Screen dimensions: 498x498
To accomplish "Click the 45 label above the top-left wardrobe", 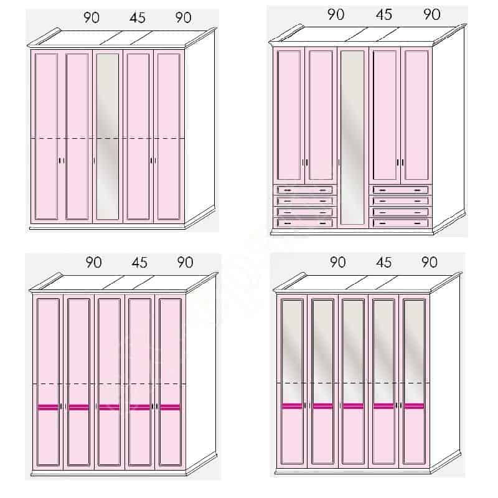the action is (137, 18).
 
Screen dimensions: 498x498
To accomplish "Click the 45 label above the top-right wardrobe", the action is (383, 14).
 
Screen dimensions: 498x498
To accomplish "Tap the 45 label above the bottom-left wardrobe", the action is (139, 263).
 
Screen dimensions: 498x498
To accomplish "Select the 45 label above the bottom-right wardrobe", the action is (383, 262).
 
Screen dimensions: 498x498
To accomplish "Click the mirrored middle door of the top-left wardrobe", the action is (108, 136).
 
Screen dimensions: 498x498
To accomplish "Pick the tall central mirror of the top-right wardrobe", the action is (352, 137).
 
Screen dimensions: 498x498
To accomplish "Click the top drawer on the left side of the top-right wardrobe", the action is (305, 190).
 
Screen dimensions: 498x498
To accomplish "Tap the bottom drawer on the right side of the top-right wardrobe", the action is (400, 223).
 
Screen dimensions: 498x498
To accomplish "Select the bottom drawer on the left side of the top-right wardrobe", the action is (305, 223).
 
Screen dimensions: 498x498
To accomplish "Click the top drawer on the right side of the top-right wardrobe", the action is (400, 190).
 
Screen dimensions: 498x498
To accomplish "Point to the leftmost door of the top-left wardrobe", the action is (47, 136).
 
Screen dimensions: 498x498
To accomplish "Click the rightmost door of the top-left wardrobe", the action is (169, 136).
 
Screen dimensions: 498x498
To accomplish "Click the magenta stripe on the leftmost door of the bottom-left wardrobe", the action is (49, 407).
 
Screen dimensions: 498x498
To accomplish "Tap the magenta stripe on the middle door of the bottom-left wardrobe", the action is (110, 407).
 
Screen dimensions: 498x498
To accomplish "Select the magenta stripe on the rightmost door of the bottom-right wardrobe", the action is (414, 406).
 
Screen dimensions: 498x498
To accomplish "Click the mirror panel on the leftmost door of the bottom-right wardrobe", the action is (292, 352).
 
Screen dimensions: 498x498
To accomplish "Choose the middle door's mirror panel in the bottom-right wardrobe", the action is (353, 352).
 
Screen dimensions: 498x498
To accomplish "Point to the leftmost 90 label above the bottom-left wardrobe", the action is (94, 263).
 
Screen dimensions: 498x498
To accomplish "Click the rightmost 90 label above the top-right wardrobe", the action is (431, 14).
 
